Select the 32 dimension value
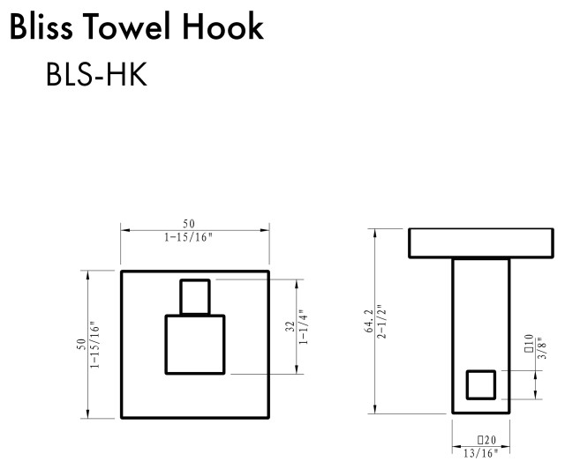(290, 327)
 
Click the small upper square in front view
(195, 296)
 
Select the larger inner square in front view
(195, 344)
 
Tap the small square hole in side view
(481, 384)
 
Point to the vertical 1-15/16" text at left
(93, 344)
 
